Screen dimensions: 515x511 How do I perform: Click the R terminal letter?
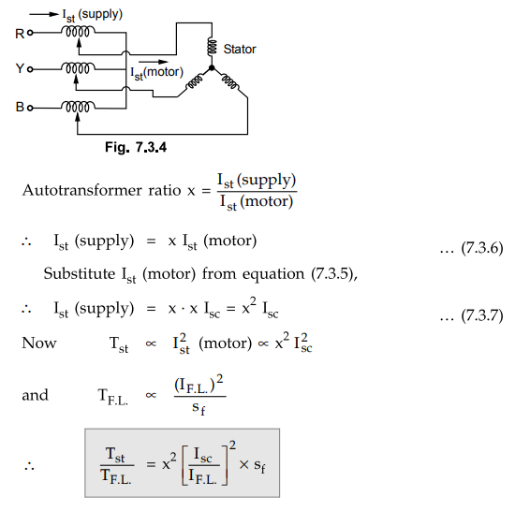(20, 34)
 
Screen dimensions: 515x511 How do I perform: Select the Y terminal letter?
(20, 68)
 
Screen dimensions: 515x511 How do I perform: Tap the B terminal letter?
(20, 107)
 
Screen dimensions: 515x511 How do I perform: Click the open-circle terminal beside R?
(30, 33)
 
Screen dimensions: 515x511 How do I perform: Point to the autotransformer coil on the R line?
(78, 32)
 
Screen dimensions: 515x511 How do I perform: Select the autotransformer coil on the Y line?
(78, 68)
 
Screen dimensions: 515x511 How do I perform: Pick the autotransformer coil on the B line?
(78, 107)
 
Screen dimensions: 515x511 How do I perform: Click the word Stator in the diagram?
(240, 50)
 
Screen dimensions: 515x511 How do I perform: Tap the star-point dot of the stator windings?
(212, 68)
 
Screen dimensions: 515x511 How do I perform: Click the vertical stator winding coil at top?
(212, 47)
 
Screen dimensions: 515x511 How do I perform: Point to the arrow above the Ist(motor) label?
(154, 62)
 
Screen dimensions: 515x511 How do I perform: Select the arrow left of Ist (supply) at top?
(44, 14)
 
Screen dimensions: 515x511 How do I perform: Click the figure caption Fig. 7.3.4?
(136, 147)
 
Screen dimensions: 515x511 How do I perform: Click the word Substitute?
(80, 273)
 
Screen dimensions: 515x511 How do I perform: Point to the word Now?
(39, 343)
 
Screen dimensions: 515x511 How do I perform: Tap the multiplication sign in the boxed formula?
(243, 464)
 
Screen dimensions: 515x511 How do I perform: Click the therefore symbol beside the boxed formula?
(29, 466)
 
